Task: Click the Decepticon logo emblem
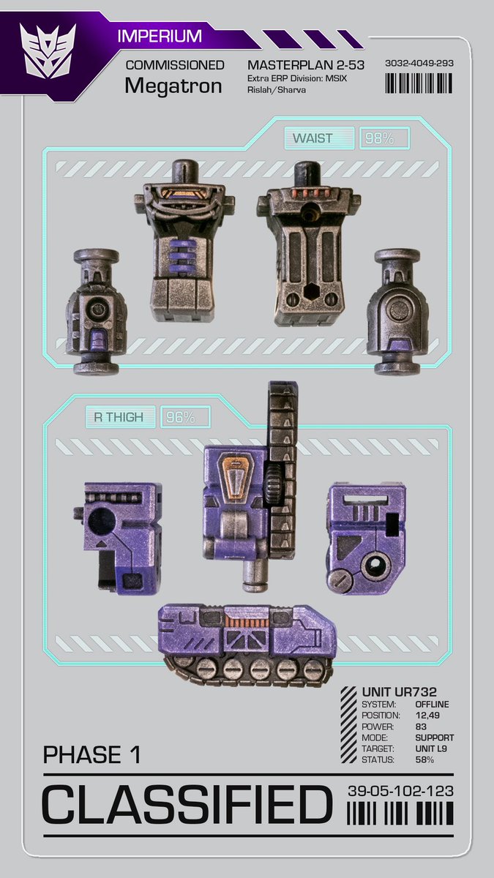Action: coord(47,51)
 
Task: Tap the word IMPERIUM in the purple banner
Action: coord(160,36)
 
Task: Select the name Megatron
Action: coord(173,86)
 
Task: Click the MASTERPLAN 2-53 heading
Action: coord(306,64)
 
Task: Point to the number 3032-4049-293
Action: coord(419,63)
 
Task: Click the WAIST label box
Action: coord(320,138)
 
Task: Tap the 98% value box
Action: coord(385,138)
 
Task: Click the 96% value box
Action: coord(185,417)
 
